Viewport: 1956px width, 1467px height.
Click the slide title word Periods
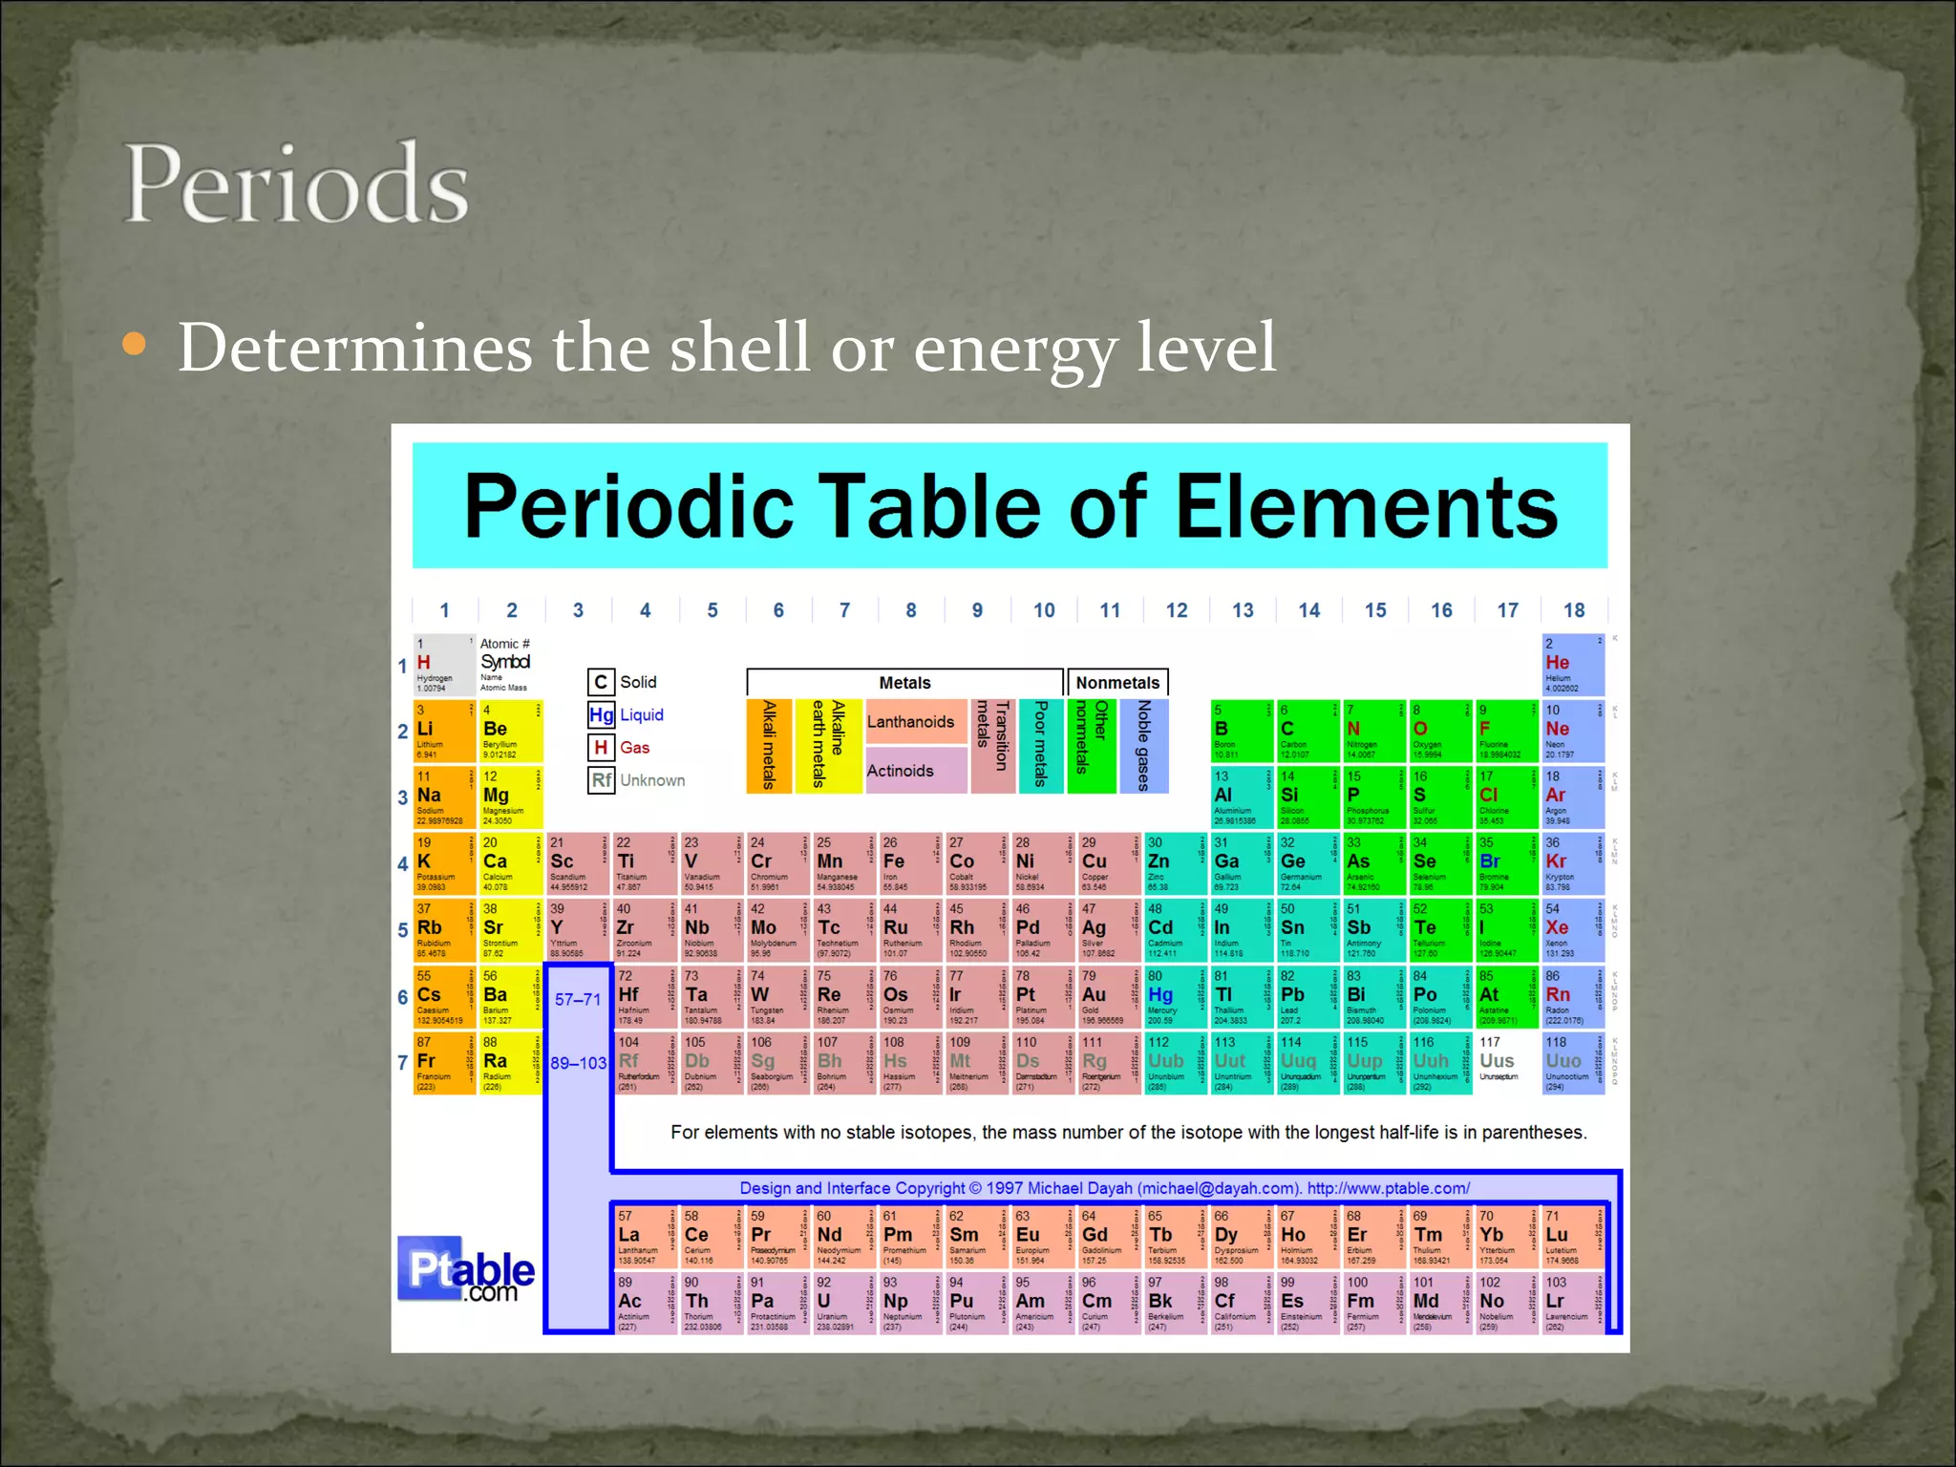click(296, 183)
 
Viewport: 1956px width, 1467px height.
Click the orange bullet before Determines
click(135, 344)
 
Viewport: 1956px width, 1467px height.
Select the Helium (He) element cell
click(1572, 665)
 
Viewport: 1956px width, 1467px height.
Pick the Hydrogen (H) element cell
click(443, 665)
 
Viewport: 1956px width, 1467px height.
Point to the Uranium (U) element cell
click(841, 1304)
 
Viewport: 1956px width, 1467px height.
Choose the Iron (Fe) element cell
click(908, 864)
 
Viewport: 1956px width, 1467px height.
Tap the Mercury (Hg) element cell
click(1174, 997)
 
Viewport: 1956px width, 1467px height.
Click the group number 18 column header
click(1573, 610)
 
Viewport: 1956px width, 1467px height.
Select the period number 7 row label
click(402, 1062)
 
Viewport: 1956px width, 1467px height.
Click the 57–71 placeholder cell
click(578, 999)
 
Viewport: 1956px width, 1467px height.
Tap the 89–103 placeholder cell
click(578, 1063)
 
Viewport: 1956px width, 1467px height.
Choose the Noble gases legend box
click(1143, 746)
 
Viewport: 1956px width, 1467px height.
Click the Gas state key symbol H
click(601, 748)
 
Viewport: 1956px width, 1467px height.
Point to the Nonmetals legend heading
click(1116, 683)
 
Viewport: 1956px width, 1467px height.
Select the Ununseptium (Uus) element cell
click(1505, 1062)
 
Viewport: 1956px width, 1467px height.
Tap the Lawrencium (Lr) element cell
click(1571, 1304)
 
